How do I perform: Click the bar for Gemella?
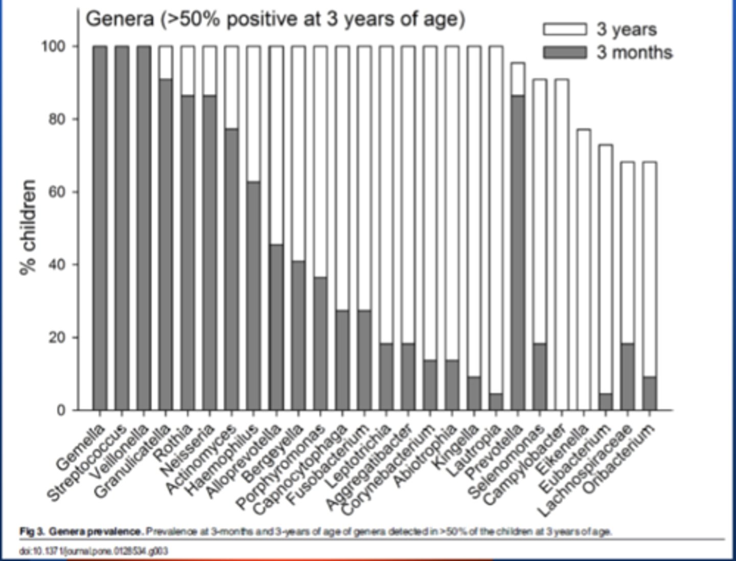point(100,228)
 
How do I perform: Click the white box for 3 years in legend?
point(564,30)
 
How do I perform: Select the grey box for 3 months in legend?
point(564,53)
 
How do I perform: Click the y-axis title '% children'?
point(29,228)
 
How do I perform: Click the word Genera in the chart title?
point(120,19)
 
